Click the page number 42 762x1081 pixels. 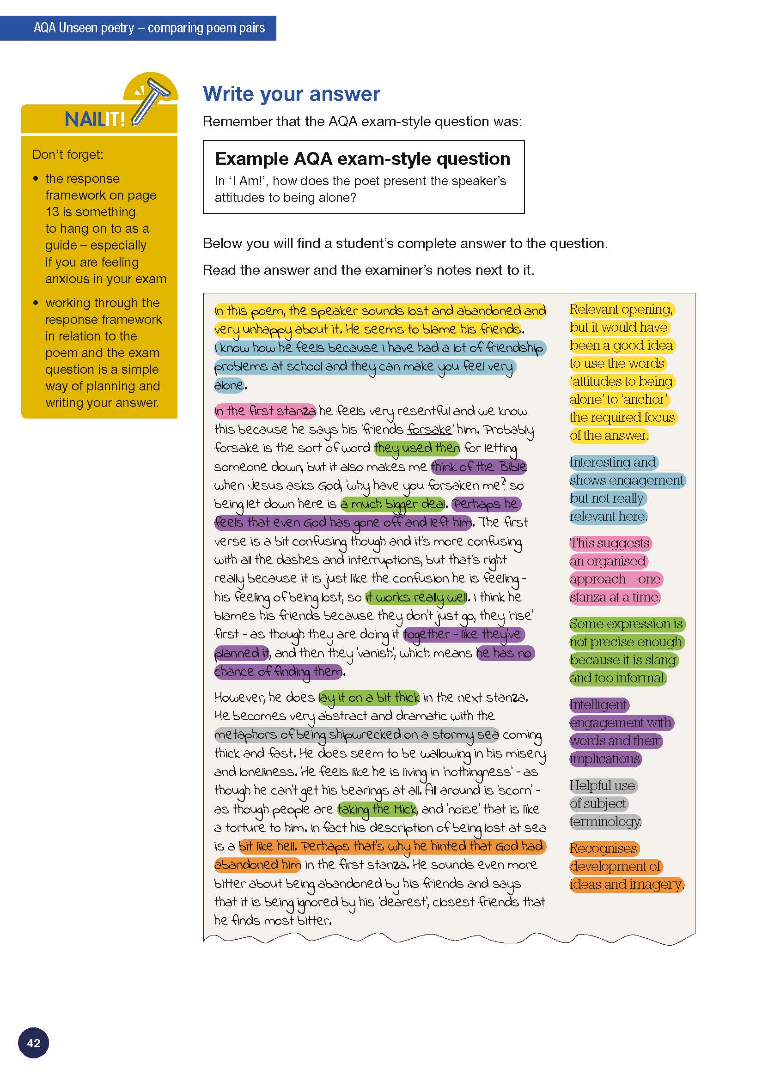tap(33, 1043)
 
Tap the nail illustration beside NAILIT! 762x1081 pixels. tap(152, 99)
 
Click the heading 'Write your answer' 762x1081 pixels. tap(291, 94)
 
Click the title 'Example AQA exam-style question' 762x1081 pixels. tap(362, 158)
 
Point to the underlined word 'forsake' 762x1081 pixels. tap(429, 429)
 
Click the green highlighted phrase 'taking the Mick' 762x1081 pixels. tap(377, 809)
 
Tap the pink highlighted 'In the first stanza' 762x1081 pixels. tap(265, 411)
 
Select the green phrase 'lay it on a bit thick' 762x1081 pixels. tap(369, 697)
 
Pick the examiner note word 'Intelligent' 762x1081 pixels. tap(598, 705)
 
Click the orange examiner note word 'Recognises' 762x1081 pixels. tap(604, 849)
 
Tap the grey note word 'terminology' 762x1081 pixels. tap(605, 821)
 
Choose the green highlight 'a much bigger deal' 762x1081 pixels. tap(393, 504)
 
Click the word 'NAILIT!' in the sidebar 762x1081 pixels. tap(95, 120)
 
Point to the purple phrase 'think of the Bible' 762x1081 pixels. tap(478, 467)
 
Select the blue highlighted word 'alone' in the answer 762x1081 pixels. tap(229, 385)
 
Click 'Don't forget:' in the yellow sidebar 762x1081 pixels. tap(68, 155)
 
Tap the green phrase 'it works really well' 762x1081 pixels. tap(416, 597)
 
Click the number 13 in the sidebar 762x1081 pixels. tap(52, 212)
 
